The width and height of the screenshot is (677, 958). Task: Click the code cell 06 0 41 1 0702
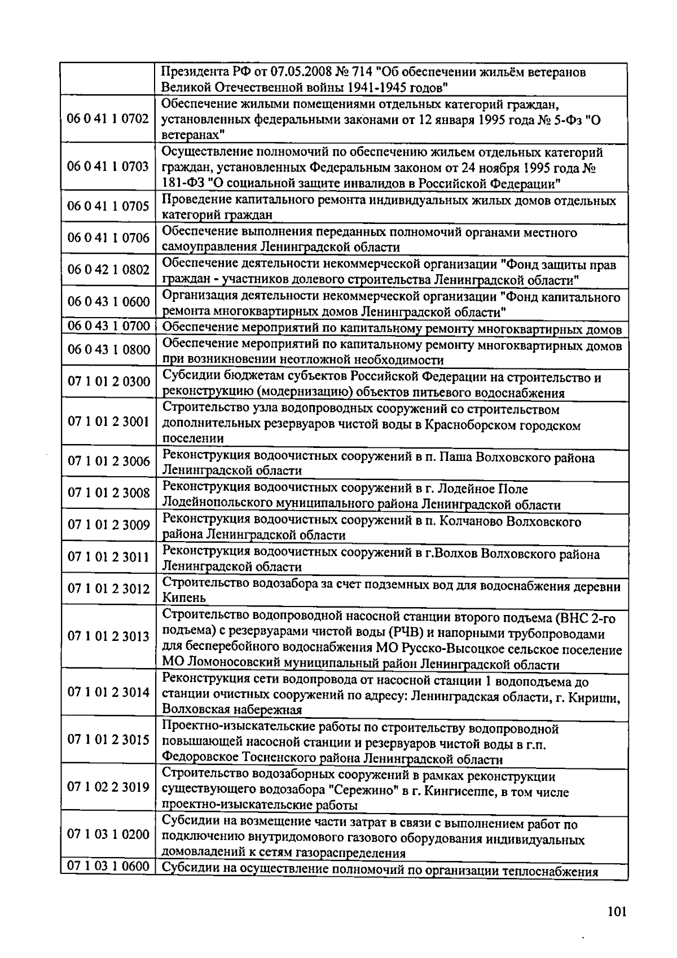pos(108,119)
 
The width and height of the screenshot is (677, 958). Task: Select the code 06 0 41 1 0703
pos(108,167)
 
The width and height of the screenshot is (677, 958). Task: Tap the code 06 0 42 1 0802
pos(108,270)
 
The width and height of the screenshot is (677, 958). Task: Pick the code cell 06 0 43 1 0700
pos(108,326)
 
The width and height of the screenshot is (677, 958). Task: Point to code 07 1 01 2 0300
pos(108,382)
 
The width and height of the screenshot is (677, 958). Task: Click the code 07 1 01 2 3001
pos(108,421)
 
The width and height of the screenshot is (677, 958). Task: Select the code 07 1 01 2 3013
pos(108,636)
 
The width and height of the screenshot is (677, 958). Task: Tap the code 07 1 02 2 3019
pos(108,786)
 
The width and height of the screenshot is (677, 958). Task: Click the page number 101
pos(617,912)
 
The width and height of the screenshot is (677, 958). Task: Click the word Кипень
pos(184,598)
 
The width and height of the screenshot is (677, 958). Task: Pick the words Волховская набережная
pos(232,710)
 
